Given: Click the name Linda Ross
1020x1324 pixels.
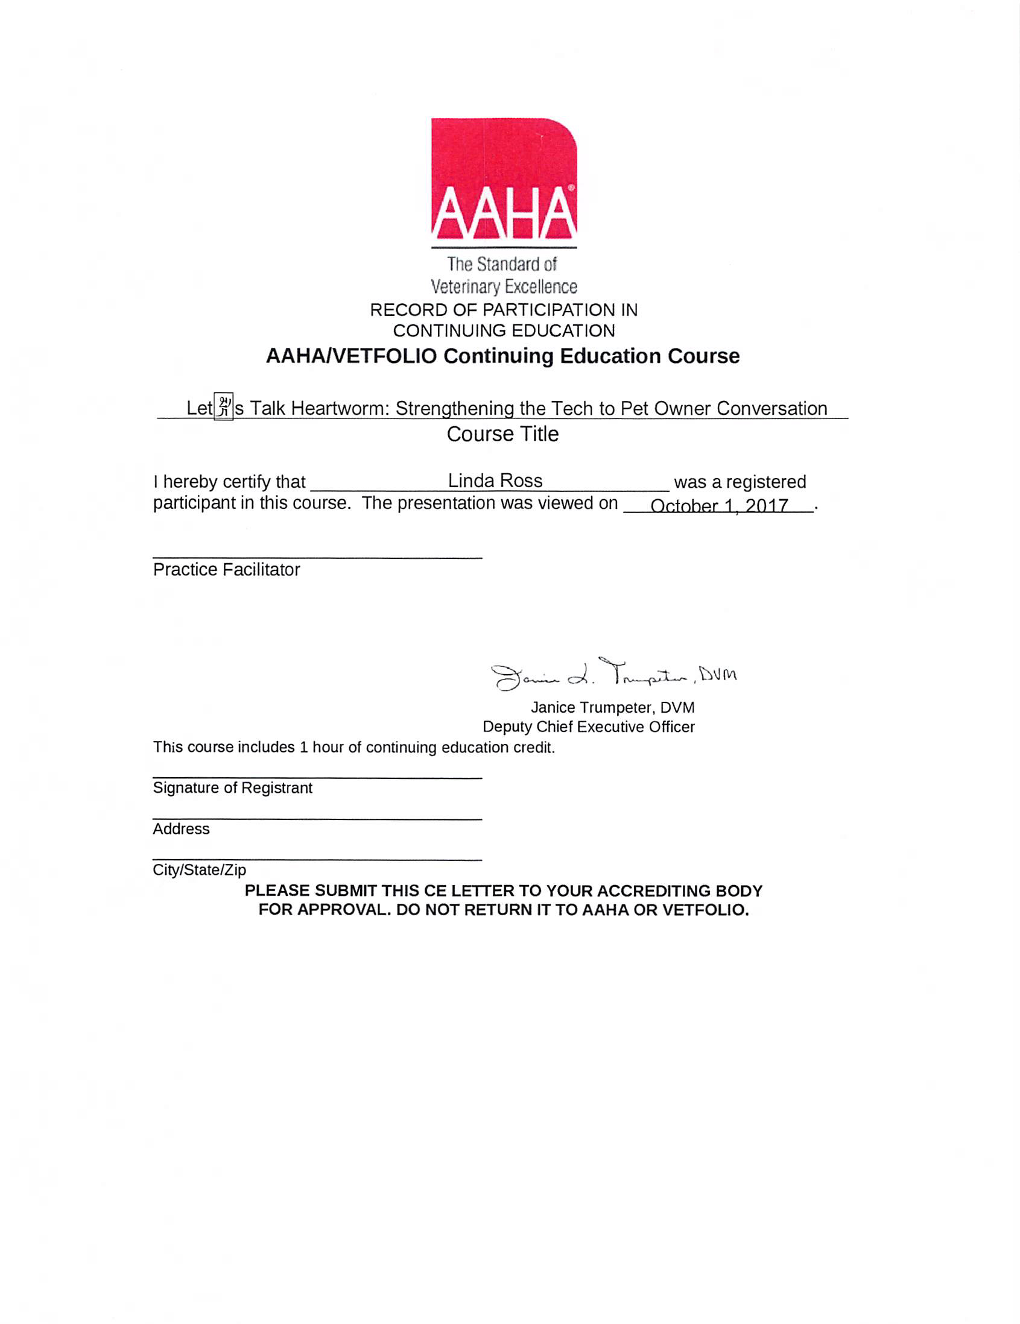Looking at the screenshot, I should [495, 481].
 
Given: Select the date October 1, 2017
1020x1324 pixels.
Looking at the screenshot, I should [718, 506].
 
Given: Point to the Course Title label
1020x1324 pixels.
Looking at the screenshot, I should [502, 434].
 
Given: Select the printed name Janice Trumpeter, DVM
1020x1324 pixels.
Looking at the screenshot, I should [612, 707].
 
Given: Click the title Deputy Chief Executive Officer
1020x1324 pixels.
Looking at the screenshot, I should [588, 727].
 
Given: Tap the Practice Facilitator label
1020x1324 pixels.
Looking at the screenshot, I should [226, 570].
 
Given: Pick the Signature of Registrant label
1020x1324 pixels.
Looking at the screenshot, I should [232, 787].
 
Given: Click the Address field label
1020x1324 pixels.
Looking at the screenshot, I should [181, 829].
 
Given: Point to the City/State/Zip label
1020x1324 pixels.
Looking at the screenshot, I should [199, 870].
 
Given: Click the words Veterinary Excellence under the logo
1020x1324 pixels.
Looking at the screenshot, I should [503, 286].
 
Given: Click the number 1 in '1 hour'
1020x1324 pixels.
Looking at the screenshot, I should [303, 748].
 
